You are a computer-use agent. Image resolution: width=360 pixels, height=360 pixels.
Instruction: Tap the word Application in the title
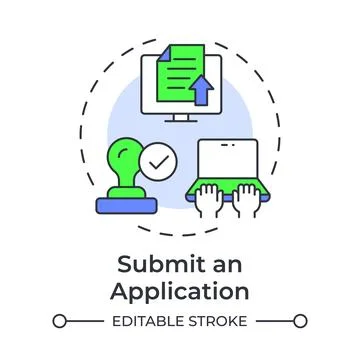[180, 292]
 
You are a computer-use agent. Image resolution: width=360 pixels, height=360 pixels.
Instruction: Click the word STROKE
[217, 322]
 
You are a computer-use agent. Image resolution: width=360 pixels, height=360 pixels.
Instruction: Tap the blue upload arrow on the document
[204, 92]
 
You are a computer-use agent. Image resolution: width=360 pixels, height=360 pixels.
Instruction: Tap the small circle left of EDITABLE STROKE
[60, 322]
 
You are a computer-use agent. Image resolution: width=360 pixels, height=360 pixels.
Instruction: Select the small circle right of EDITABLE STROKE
[301, 322]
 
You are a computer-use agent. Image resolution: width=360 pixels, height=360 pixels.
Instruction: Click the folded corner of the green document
[206, 46]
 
